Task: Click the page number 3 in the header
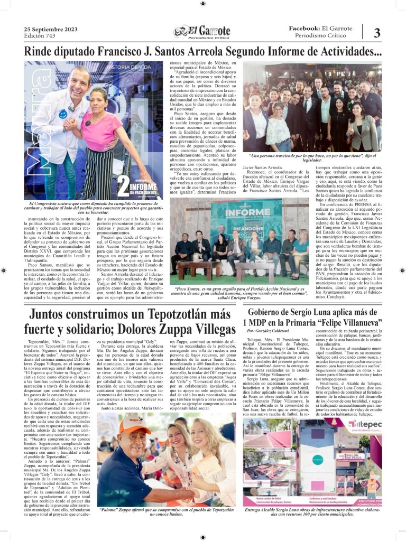tap(377, 33)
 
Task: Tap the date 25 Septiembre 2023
tap(51, 29)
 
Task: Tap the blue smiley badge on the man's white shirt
tap(63, 114)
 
